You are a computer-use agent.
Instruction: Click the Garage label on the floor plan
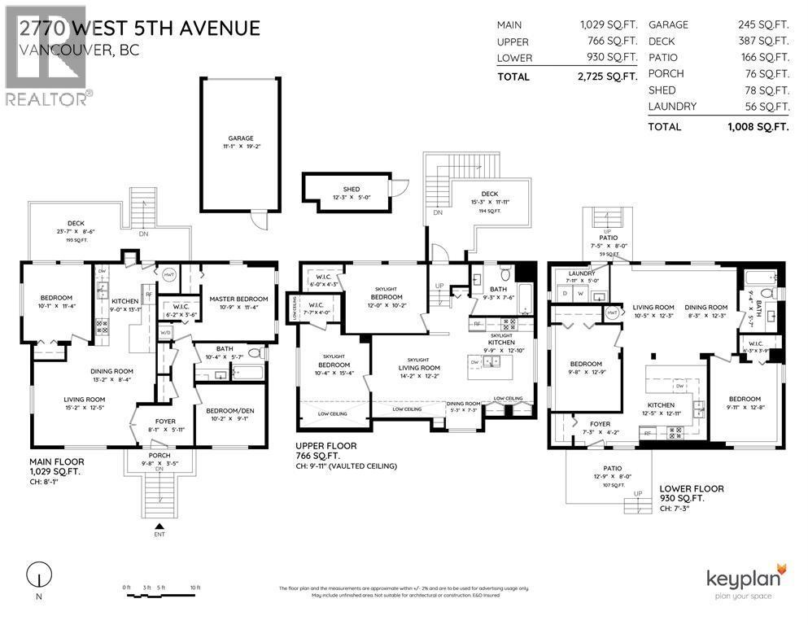[241, 139]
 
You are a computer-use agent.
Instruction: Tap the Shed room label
[351, 189]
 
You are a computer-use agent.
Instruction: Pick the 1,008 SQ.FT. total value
[758, 127]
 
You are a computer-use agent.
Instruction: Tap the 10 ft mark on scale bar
[194, 587]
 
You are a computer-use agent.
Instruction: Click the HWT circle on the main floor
[170, 275]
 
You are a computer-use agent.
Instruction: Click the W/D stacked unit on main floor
[167, 332]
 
